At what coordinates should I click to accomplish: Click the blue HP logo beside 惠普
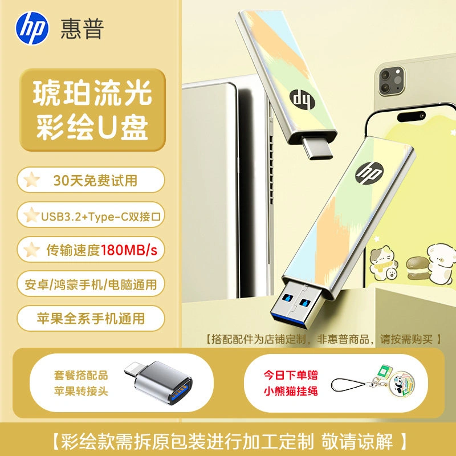click(32, 28)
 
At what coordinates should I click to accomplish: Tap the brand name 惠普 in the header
click(82, 29)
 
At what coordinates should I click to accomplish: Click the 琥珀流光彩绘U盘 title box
click(92, 110)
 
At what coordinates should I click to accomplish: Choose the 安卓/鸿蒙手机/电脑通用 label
click(91, 284)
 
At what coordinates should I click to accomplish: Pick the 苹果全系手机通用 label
click(91, 319)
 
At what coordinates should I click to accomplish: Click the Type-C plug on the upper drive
click(317, 148)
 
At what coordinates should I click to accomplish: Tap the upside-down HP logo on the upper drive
click(302, 100)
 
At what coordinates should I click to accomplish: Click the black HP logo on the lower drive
click(369, 173)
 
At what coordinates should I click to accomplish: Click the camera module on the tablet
click(392, 80)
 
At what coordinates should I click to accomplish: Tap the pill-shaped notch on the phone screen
click(411, 116)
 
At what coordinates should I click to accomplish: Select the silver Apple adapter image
click(159, 382)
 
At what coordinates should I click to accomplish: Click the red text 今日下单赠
click(291, 375)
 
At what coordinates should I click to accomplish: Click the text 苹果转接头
click(81, 391)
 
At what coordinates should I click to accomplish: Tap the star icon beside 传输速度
click(31, 250)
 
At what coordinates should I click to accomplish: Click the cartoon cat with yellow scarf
click(383, 263)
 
